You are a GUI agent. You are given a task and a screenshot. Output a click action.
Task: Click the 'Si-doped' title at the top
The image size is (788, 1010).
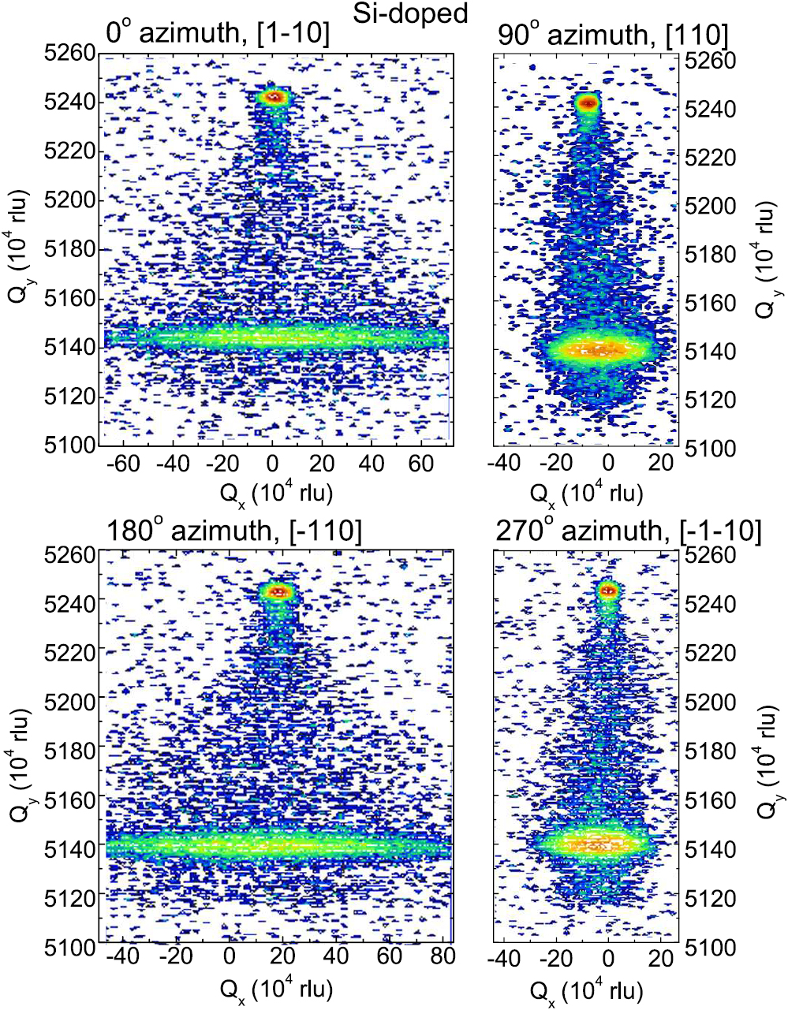[x=421, y=13]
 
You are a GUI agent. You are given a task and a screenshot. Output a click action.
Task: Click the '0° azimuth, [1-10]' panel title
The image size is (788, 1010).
[x=218, y=34]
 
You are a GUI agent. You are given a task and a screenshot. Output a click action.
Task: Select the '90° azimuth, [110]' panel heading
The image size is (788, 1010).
[x=613, y=34]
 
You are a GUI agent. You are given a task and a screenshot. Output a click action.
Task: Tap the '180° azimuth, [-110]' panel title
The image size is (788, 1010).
[x=233, y=531]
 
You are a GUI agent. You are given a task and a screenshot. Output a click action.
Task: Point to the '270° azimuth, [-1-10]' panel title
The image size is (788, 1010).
[x=629, y=531]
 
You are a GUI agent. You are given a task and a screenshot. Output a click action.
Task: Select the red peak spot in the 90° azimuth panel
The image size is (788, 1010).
[x=587, y=102]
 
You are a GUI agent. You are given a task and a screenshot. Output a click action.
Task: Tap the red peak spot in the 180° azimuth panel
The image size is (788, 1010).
[x=276, y=590]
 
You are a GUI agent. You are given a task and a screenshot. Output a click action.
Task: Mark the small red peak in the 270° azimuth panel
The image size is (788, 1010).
[x=607, y=590]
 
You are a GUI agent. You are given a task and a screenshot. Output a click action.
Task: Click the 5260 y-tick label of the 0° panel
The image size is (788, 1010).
[x=70, y=53]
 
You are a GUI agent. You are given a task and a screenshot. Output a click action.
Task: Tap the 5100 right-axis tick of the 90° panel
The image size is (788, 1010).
[x=713, y=448]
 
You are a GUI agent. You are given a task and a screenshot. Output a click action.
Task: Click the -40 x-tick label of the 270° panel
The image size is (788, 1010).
[x=503, y=957]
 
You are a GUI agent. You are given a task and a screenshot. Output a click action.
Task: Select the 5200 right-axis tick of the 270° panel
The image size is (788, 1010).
[x=713, y=702]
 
